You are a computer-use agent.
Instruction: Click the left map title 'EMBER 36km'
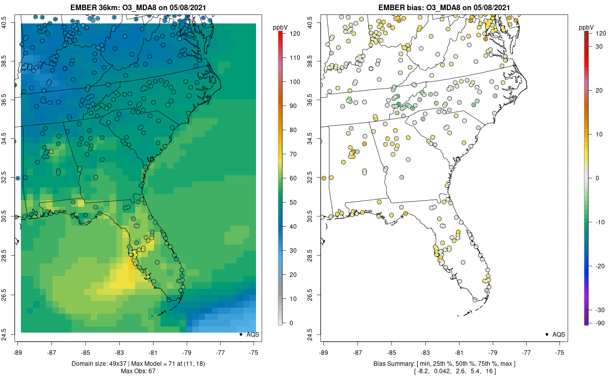tap(94, 7)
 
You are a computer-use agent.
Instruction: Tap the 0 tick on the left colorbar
tap(291, 323)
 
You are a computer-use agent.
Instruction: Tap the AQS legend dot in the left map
tap(241, 334)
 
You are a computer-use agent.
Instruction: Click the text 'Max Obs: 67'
tap(138, 371)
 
